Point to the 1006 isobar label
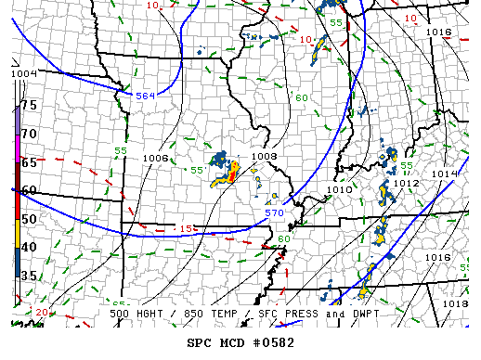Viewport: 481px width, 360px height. pos(156,158)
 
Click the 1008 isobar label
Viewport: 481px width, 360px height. pos(265,157)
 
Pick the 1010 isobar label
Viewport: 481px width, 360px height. pos(341,190)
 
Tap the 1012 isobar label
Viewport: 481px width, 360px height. pos(406,183)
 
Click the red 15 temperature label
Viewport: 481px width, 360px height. pos(187,228)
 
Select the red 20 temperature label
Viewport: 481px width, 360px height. pos(42,313)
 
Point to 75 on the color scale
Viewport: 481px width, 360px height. pos(29,105)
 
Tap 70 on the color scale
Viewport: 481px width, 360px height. pos(29,134)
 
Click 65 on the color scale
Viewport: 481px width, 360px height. pos(29,162)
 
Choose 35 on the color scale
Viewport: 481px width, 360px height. pos(29,276)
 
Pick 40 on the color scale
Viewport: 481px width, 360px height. pos(29,247)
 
